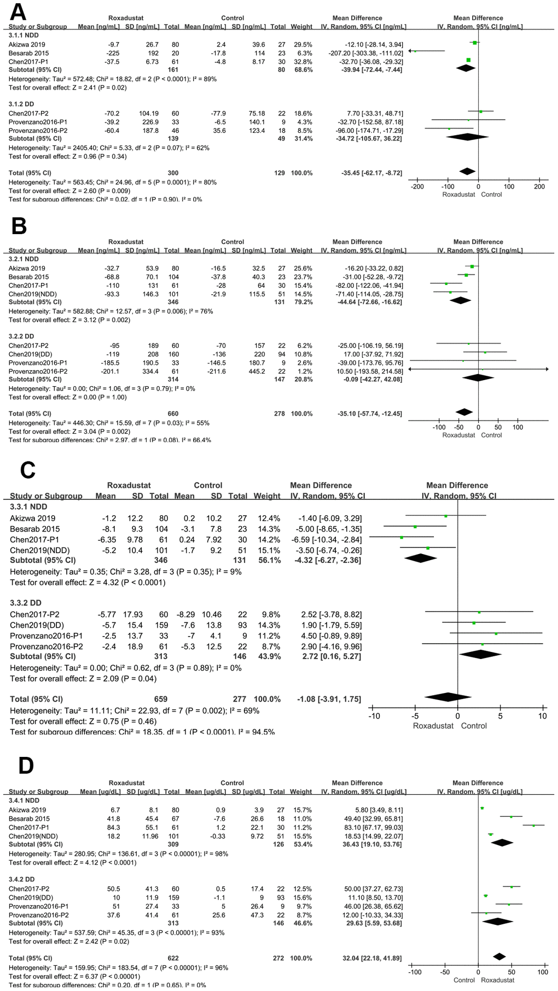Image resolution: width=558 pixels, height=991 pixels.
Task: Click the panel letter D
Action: click(26, 766)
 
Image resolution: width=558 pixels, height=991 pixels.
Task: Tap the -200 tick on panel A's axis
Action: click(417, 186)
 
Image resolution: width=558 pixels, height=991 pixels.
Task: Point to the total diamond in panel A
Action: click(467, 172)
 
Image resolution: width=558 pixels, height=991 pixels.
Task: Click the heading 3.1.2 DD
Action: click(21, 104)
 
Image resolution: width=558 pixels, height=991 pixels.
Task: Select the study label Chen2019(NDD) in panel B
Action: click(33, 294)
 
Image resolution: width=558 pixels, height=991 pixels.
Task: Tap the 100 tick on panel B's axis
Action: click(518, 427)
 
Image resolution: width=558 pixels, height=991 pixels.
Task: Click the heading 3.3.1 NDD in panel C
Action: click(28, 507)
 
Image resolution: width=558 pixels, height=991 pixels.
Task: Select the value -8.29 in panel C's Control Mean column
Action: click(184, 615)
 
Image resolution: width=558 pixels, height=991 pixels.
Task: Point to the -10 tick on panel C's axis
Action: click(374, 716)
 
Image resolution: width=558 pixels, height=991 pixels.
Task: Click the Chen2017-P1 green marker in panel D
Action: click(533, 825)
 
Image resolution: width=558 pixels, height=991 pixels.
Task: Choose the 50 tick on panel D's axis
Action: click(512, 972)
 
